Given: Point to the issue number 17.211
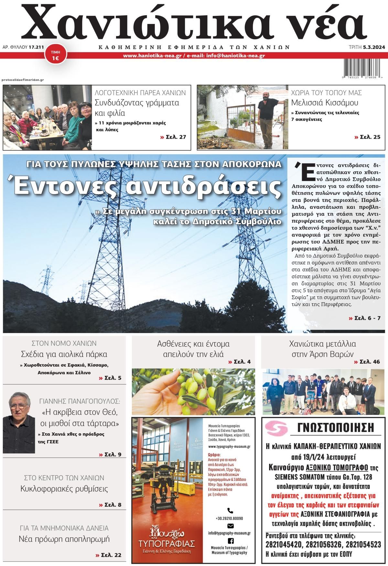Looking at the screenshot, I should tap(36, 47).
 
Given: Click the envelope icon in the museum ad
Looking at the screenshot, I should tap(231, 526).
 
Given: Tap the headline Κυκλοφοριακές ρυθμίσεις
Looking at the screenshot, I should tap(64, 489).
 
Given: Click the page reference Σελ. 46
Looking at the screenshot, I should tap(367, 362).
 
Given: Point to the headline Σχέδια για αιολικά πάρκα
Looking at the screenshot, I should tap(64, 354).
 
